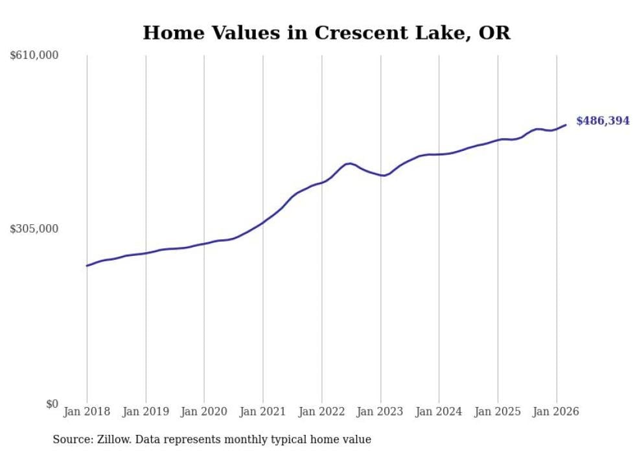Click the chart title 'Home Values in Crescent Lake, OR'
point(326,33)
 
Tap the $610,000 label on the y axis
point(34,56)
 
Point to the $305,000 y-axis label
point(34,229)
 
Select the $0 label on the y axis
point(52,404)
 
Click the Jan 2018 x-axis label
point(87,412)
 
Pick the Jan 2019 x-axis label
point(145,412)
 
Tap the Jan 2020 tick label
point(204,412)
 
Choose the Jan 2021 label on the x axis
point(262,412)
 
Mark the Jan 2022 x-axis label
point(321,412)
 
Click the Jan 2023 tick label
point(380,412)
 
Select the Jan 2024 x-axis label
point(439,412)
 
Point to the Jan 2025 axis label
point(498,412)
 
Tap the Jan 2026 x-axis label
point(556,412)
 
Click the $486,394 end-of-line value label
point(603,121)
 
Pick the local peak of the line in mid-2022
point(350,163)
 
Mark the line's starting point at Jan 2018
point(87,266)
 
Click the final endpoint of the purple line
point(566,125)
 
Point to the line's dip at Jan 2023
point(384,176)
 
